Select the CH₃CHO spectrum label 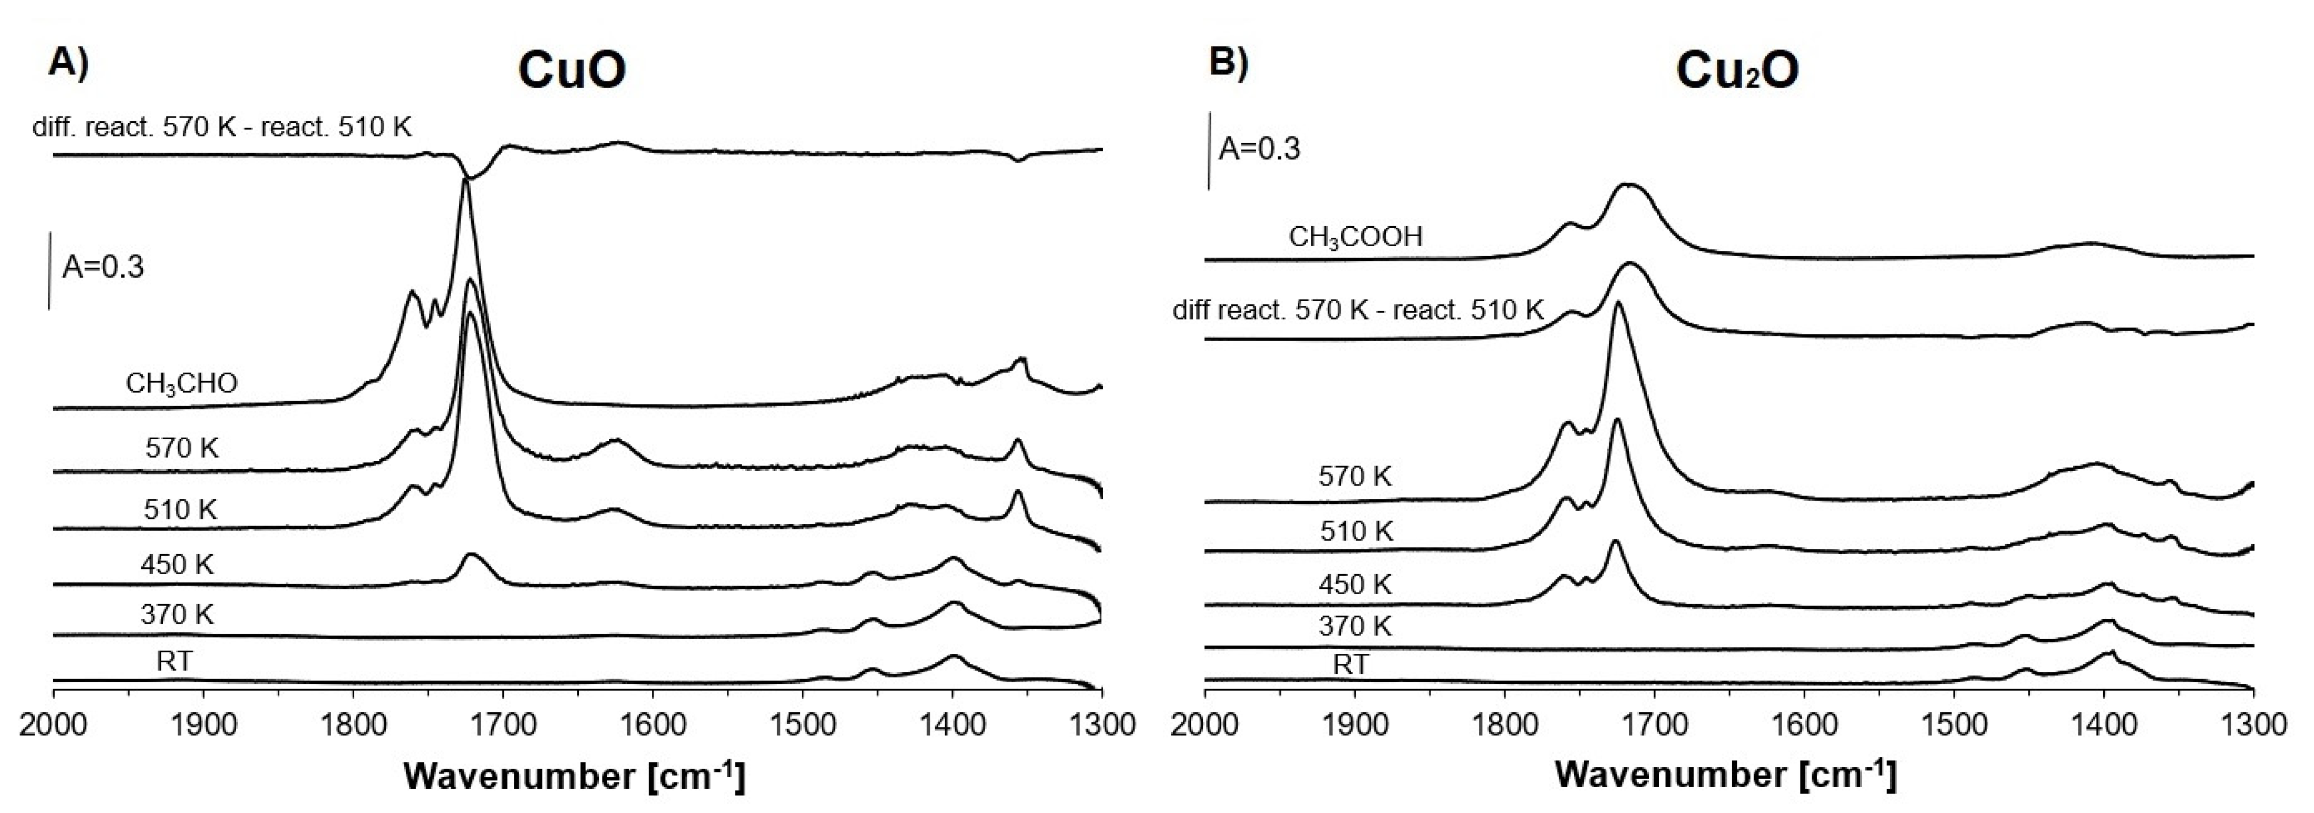(x=181, y=384)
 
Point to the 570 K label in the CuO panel (x=181, y=448)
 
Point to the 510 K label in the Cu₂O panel (x=1356, y=531)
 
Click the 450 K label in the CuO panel (x=177, y=564)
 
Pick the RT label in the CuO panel (x=174, y=661)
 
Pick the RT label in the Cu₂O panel (x=1351, y=665)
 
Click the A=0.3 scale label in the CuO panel (x=102, y=267)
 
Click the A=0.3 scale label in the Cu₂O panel (x=1259, y=148)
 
